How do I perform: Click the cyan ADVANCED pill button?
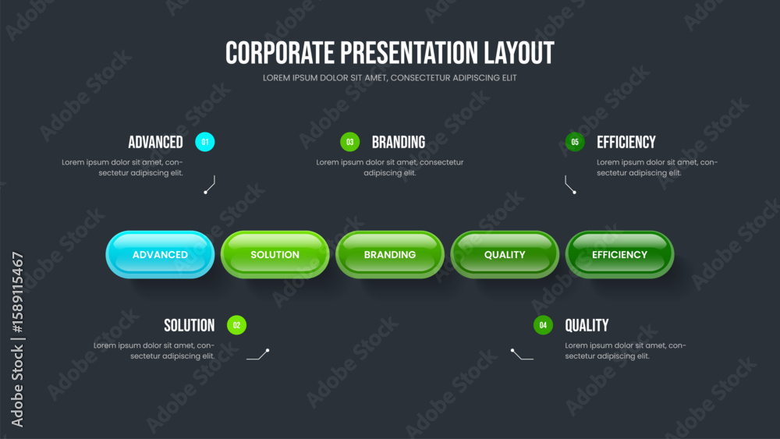click(x=160, y=254)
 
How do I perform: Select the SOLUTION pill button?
click(x=275, y=254)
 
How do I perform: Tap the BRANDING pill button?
click(x=390, y=254)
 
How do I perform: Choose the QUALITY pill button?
click(x=505, y=254)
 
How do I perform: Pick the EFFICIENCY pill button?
click(x=620, y=254)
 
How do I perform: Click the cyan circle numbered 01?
click(x=205, y=142)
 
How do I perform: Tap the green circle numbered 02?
click(x=237, y=325)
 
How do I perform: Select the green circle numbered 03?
click(x=350, y=142)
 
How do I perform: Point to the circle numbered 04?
click(x=543, y=325)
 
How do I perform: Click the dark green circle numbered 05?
click(x=575, y=142)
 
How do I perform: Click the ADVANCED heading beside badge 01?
click(x=156, y=142)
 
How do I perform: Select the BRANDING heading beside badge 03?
click(x=399, y=142)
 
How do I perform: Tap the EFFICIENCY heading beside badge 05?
click(x=626, y=142)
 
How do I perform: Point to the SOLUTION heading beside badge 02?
click(x=190, y=326)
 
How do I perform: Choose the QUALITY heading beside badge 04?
click(x=587, y=326)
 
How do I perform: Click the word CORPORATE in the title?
click(x=280, y=53)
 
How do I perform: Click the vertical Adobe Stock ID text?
click(x=17, y=339)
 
